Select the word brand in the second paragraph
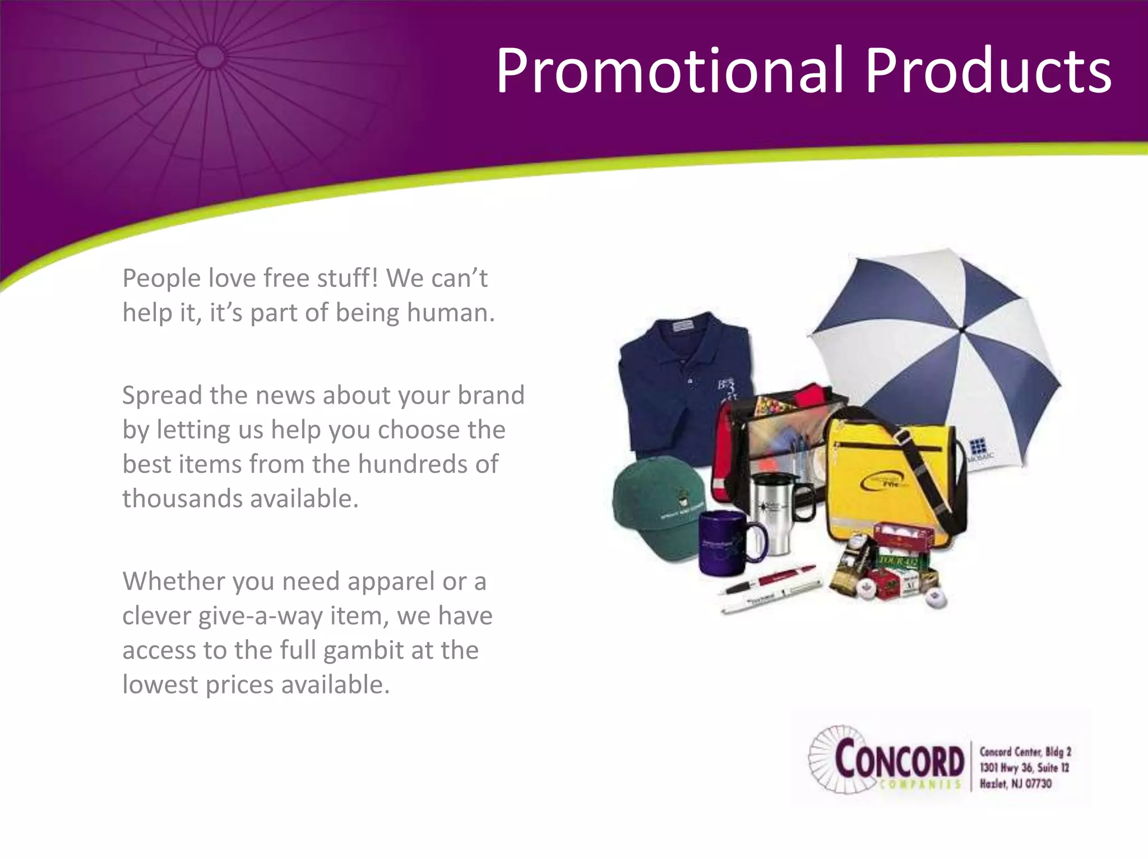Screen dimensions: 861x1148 [490, 395]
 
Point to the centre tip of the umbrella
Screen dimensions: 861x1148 [962, 331]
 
